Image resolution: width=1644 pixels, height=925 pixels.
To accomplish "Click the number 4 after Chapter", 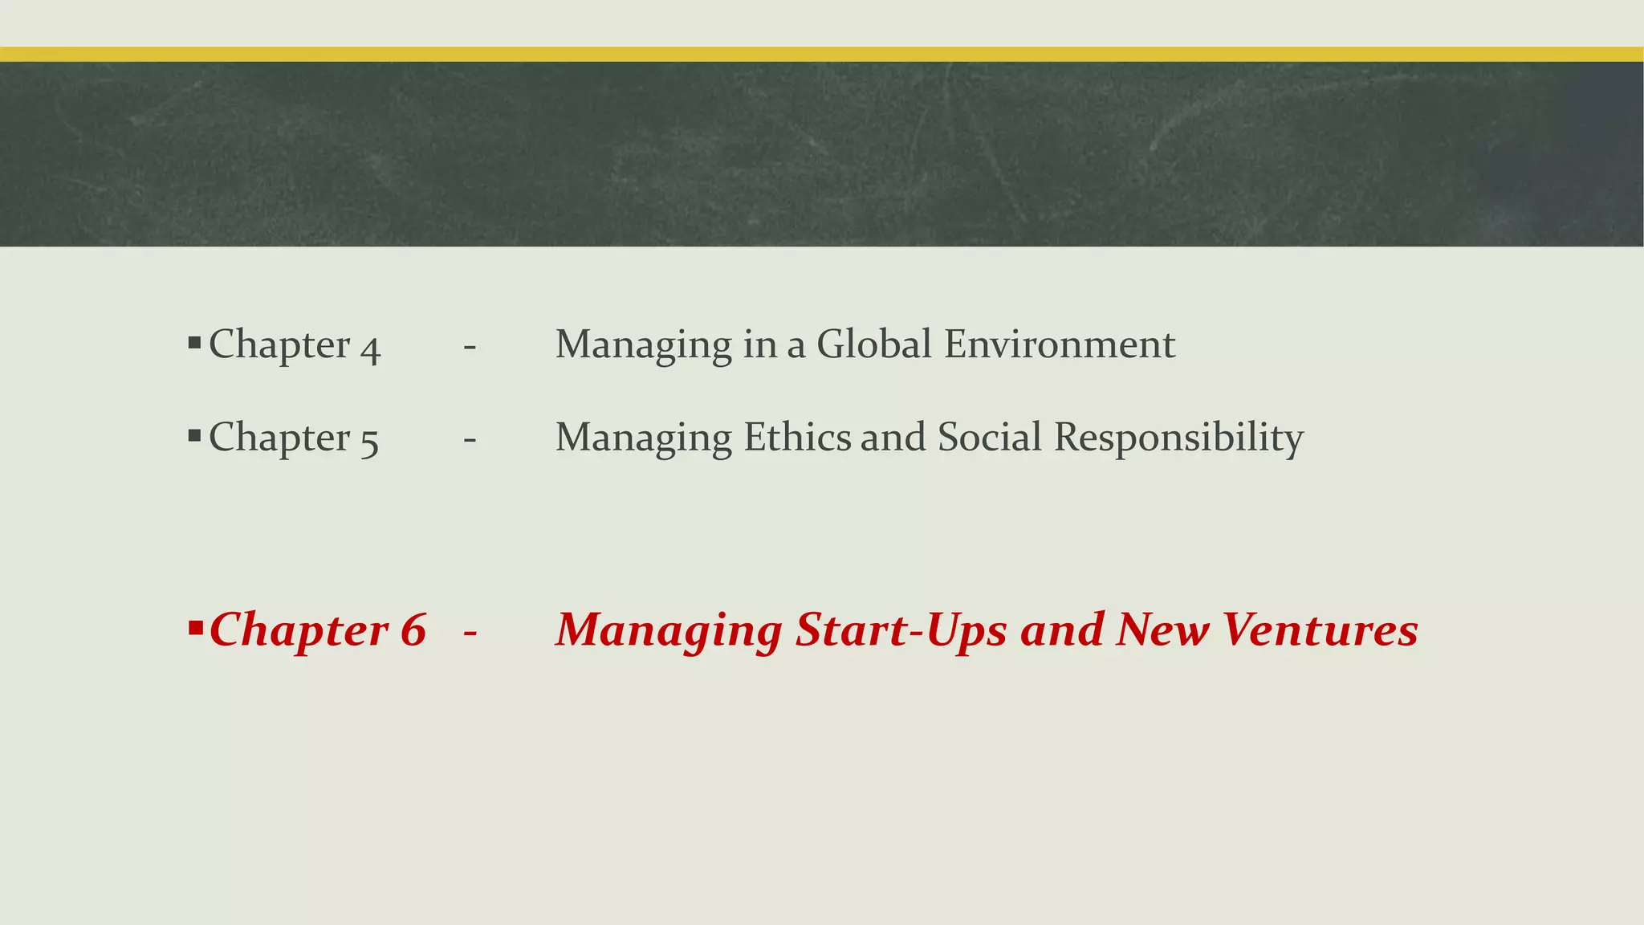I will (370, 349).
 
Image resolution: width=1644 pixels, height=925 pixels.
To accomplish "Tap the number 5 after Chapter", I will (369, 442).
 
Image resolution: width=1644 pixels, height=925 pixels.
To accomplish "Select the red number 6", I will (413, 630).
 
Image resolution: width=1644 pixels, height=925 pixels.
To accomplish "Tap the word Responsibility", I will (1178, 438).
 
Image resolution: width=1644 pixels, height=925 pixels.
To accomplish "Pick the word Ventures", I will (1320, 630).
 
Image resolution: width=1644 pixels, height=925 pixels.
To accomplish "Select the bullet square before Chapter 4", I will (194, 343).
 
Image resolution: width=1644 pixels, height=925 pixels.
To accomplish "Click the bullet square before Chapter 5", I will (194, 436).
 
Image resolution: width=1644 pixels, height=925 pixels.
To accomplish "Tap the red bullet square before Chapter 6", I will (195, 626).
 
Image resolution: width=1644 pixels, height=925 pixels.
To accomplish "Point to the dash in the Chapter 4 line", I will (470, 347).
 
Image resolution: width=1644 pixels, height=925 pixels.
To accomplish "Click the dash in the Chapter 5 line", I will (470, 440).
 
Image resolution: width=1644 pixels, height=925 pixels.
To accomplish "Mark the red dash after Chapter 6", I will (470, 633).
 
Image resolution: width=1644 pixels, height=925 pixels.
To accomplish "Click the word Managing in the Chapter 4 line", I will (643, 345).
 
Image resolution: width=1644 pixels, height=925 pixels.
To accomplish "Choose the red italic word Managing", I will (669, 631).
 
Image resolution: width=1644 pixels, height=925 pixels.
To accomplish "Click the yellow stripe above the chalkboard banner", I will (822, 54).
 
